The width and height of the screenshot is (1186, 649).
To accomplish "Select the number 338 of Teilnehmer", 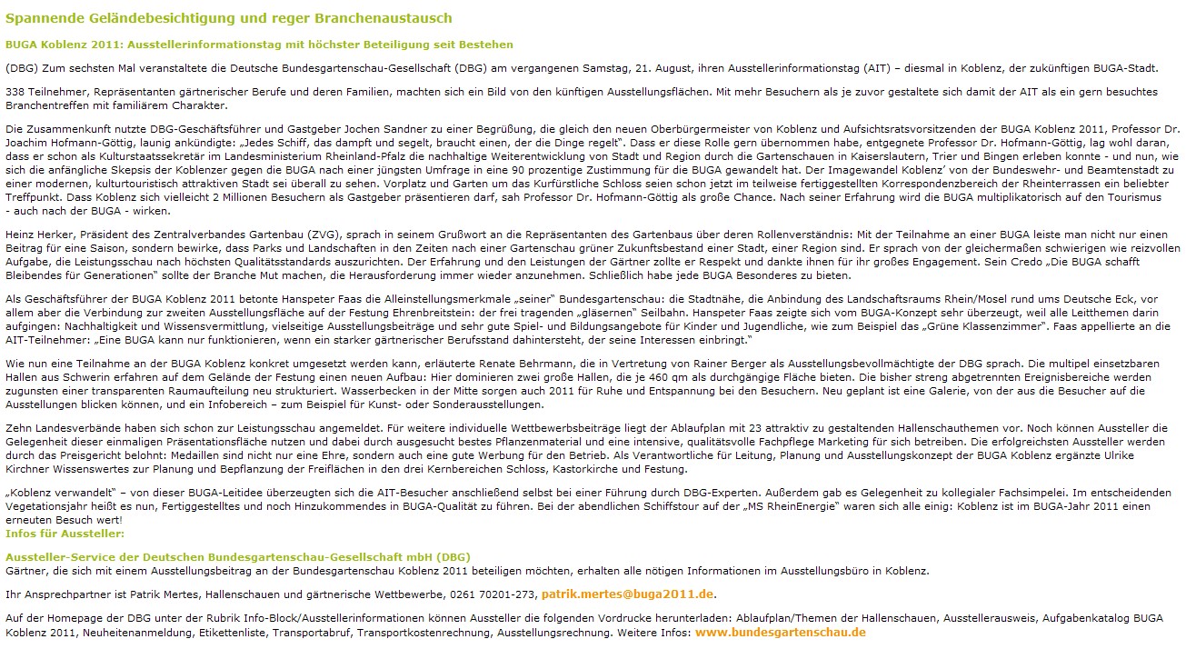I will click(15, 92).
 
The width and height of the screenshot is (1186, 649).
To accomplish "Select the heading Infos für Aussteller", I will click(65, 533).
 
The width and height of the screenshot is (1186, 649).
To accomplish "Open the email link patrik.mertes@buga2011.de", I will click(628, 594).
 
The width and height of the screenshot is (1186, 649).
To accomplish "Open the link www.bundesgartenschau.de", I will click(780, 632).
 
